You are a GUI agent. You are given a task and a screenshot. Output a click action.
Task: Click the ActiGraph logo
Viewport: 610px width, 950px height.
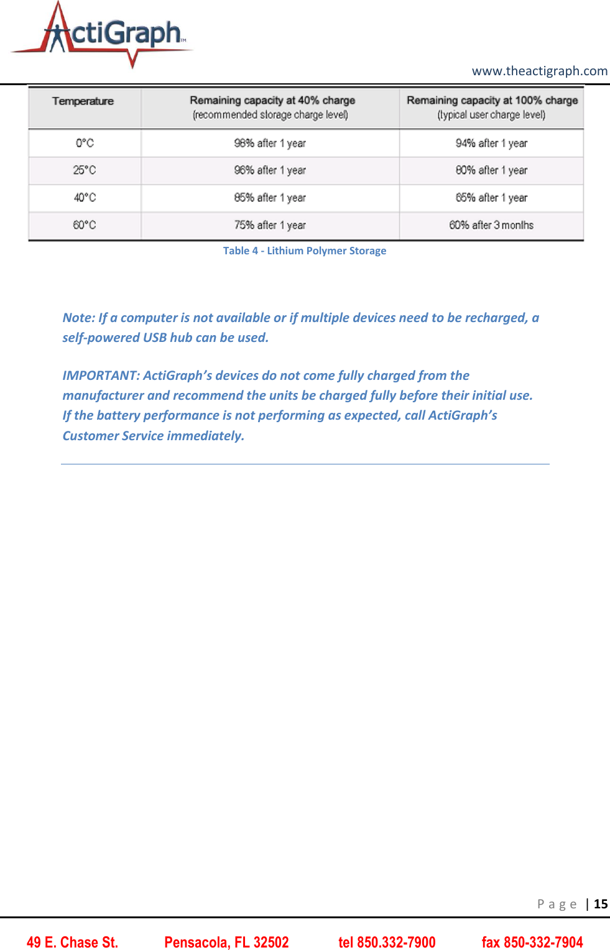(103, 35)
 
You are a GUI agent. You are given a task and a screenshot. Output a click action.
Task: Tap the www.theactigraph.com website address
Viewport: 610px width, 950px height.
(539, 71)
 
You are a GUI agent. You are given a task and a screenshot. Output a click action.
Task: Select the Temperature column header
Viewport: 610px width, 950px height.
(83, 101)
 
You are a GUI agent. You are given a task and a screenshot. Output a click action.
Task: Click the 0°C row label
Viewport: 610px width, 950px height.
(85, 143)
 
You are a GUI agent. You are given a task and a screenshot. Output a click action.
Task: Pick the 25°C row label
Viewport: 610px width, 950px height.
(85, 170)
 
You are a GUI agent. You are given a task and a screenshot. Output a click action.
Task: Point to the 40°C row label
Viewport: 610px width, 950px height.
(85, 198)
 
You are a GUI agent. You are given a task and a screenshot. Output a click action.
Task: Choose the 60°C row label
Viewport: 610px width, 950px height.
(85, 225)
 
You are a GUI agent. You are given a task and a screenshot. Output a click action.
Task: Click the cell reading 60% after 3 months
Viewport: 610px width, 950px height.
(491, 225)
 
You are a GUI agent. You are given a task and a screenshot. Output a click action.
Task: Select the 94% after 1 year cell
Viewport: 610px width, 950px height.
(491, 143)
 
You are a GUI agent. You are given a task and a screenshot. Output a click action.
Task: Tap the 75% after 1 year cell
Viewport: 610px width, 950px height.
(270, 225)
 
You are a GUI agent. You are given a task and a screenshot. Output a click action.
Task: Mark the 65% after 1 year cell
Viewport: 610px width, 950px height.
(491, 198)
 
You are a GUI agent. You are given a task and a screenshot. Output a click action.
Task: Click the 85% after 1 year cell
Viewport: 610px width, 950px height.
(270, 198)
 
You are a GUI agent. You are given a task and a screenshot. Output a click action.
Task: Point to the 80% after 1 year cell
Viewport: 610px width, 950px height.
(491, 170)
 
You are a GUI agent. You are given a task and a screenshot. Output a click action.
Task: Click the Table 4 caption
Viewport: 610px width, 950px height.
(305, 251)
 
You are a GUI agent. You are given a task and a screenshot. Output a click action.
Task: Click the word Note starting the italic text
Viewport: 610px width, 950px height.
(78, 318)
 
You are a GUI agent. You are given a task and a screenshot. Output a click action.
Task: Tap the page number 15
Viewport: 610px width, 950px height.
(601, 904)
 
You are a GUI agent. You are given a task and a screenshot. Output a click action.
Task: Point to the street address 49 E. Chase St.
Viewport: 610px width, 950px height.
(72, 943)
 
